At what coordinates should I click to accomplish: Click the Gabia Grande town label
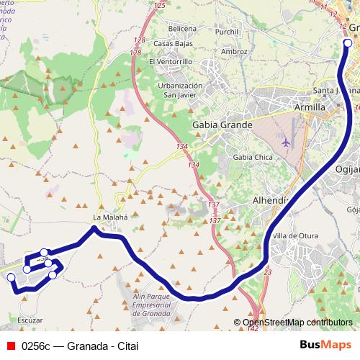(222, 125)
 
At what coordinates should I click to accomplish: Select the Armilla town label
(310, 107)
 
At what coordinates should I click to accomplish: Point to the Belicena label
(181, 28)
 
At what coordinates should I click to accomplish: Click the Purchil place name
(228, 32)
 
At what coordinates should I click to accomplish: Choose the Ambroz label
(235, 52)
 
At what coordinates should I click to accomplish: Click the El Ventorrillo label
(169, 62)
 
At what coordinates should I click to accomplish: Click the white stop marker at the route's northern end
(348, 43)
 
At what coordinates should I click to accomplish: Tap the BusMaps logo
(325, 344)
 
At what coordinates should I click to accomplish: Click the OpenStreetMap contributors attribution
(297, 323)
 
